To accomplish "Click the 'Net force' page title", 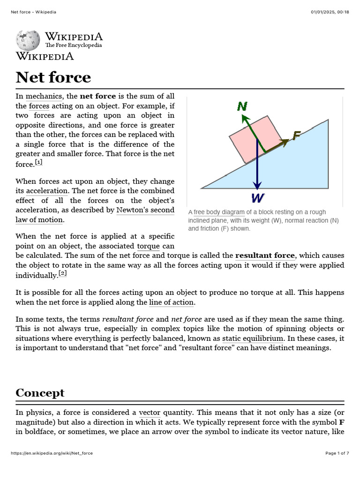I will pos(53,77).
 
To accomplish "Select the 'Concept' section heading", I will pos(40,392).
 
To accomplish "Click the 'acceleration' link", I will pos(47,191).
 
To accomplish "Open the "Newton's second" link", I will pos(145,210).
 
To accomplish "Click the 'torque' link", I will pos(148,246).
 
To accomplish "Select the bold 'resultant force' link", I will pos(265,255).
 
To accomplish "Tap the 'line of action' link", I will pos(172,302).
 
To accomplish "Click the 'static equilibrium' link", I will pos(253,338).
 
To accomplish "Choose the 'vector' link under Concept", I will pos(150,412).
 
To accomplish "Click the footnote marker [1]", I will pos(38,162).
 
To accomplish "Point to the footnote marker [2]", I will pos(63,273).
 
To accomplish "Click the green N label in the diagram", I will pos(242,106).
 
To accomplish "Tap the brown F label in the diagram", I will pos(296,135).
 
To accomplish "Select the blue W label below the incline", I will pos(257,197).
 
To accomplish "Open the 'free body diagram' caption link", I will pos(219,212).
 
